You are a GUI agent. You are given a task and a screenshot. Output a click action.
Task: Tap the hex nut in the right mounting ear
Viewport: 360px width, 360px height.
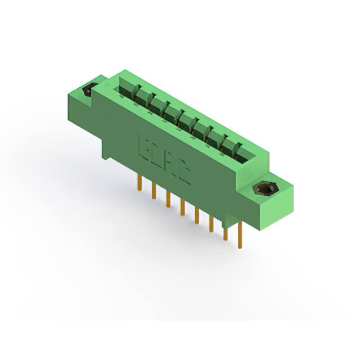click(x=263, y=189)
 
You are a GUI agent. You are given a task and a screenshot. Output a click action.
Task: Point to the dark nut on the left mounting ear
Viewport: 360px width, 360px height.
click(x=88, y=90)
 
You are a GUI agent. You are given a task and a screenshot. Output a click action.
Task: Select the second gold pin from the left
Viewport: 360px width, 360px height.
click(x=153, y=191)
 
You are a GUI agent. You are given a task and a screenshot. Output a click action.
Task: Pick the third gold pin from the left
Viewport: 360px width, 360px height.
click(x=168, y=199)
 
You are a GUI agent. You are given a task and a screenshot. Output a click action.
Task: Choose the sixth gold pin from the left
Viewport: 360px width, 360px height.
click(x=211, y=223)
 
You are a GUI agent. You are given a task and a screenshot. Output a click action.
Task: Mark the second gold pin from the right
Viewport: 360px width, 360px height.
click(x=226, y=232)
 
